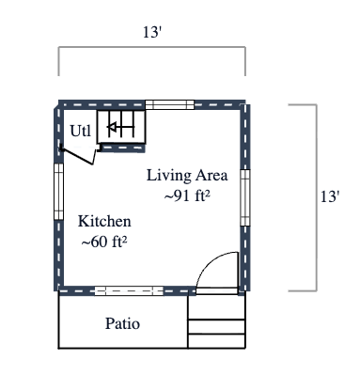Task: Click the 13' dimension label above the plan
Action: point(151,32)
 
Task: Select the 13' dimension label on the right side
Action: point(329,197)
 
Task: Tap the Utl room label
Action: point(81,131)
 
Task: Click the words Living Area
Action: point(185,175)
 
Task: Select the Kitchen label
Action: point(103,222)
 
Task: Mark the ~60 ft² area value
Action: point(103,242)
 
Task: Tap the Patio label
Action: point(122,324)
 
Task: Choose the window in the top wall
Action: point(175,103)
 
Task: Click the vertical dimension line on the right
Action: point(316,197)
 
